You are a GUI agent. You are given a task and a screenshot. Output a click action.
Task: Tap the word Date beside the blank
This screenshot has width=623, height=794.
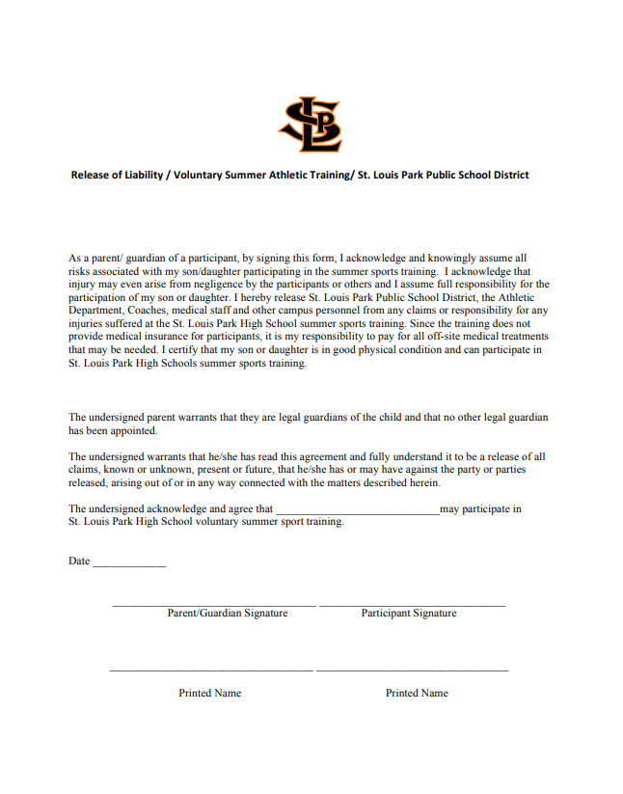[x=79, y=561]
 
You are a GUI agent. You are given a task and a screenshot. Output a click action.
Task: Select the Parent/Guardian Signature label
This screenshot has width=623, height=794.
[x=228, y=614]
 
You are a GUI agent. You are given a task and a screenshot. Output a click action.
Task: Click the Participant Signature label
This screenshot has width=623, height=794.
[x=409, y=614]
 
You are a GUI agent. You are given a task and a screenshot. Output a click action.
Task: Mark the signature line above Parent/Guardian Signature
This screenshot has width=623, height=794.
[x=214, y=605]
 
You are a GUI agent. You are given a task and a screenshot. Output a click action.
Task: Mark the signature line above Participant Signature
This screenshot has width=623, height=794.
[x=412, y=605]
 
